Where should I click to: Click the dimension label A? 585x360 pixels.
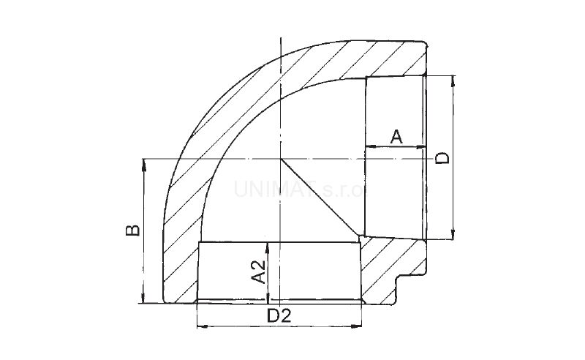[x=396, y=135]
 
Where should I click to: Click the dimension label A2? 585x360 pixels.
[x=257, y=271]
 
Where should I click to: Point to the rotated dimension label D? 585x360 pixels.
[x=442, y=158]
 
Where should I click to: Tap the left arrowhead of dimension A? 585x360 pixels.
[x=369, y=147]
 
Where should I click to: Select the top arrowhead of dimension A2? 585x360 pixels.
[x=269, y=248]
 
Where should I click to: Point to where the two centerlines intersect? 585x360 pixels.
[x=280, y=158]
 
